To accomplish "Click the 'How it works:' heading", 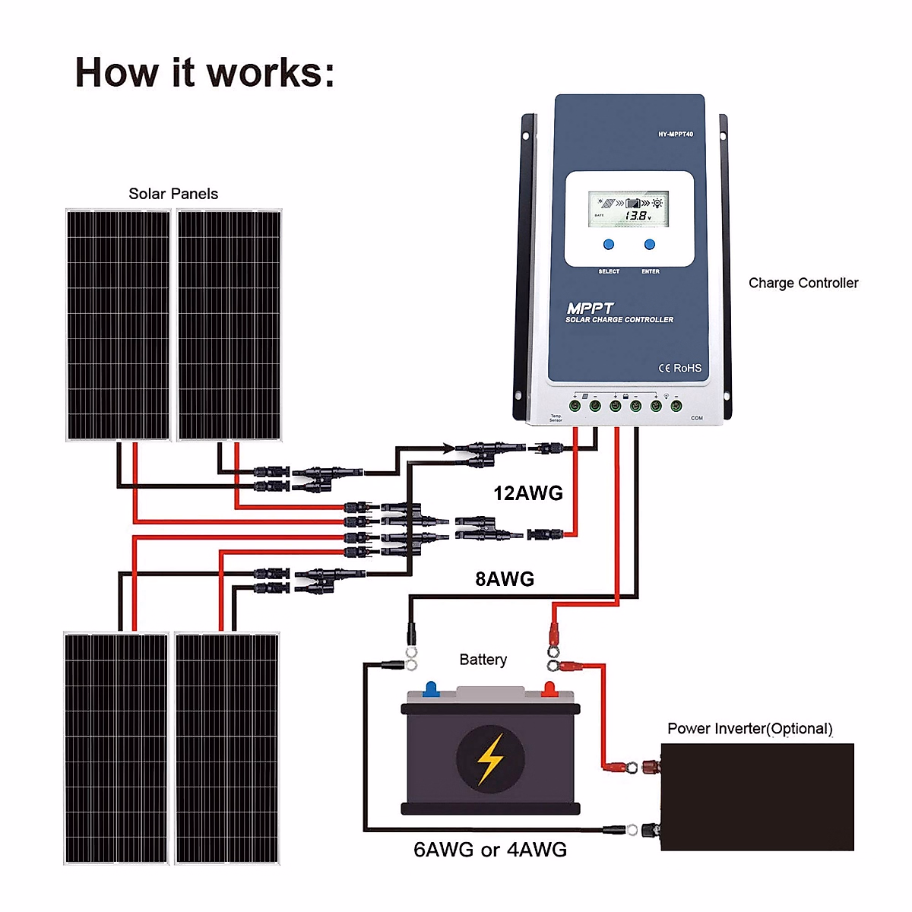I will tap(204, 73).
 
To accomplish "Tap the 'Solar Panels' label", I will tap(173, 194).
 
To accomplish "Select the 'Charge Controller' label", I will tap(803, 283).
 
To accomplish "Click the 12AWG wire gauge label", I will tap(528, 493).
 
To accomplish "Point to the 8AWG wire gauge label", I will tap(505, 579).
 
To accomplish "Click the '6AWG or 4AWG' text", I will tap(490, 850).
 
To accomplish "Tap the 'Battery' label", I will tap(483, 660).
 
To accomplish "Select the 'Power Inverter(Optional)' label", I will tap(750, 729).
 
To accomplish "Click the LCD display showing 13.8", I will tap(629, 210).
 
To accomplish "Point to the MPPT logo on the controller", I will tap(590, 309).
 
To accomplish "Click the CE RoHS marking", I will tap(679, 368).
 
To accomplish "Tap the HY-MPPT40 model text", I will tap(676, 135).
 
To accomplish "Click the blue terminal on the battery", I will tap(431, 689).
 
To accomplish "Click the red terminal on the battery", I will tap(549, 689).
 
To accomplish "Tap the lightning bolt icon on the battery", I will tap(490, 759).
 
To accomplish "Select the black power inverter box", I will tap(757, 796).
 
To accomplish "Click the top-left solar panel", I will tap(119, 325).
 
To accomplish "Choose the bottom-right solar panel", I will tap(227, 748).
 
